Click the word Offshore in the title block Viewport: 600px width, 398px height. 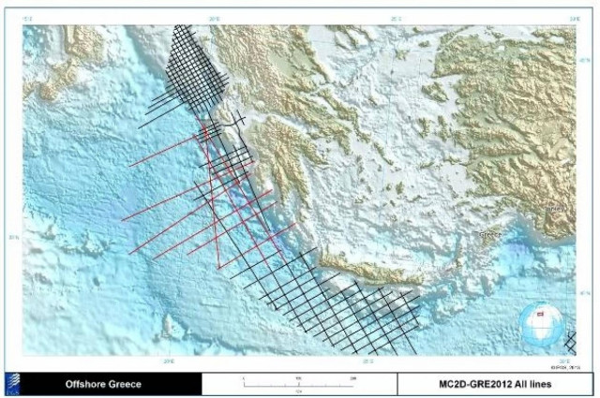[86, 383]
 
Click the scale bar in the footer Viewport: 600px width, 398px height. [298, 379]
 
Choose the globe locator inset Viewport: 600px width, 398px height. [537, 323]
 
